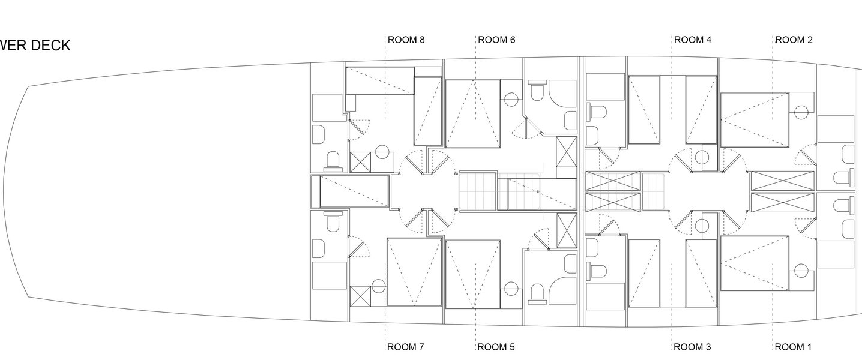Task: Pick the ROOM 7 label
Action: pos(405,347)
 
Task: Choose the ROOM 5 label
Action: pos(496,347)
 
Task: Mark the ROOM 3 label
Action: pos(692,347)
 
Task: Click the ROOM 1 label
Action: pos(793,347)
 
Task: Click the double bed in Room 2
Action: pos(755,119)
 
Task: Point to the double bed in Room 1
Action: pos(755,263)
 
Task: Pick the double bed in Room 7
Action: pos(414,272)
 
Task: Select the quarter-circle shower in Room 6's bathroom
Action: pos(562,96)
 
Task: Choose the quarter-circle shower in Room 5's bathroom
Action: pos(562,291)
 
